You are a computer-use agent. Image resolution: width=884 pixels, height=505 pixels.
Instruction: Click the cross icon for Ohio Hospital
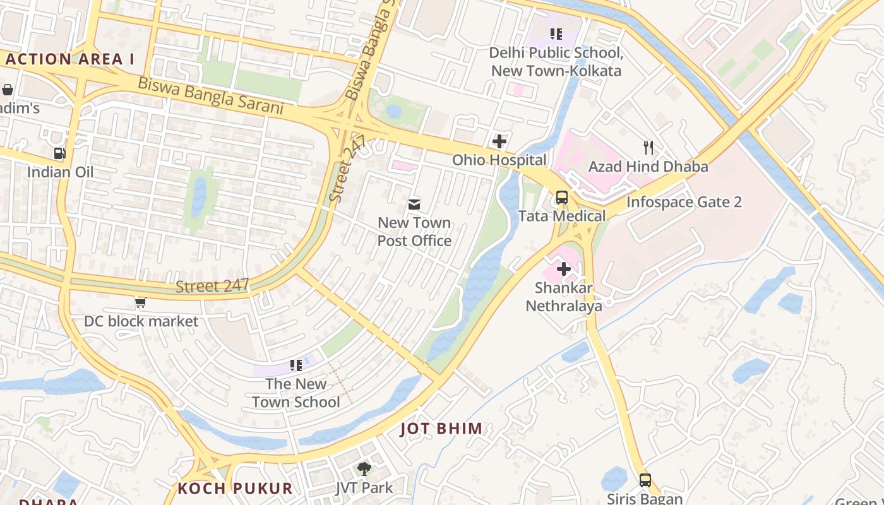coord(499,141)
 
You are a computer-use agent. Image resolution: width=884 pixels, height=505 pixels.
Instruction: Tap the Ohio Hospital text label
coord(499,160)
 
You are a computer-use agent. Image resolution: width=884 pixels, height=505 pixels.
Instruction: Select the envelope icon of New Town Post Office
coord(414,204)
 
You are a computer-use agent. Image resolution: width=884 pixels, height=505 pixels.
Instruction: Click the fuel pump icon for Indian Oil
coord(59,153)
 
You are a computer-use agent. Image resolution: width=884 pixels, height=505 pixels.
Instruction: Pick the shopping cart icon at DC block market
coord(140,303)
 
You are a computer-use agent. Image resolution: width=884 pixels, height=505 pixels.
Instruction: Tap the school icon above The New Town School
coord(296,365)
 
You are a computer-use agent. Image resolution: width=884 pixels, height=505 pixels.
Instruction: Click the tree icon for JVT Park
coord(364,468)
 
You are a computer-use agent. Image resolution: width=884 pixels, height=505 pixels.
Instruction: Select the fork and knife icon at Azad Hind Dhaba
coord(648,148)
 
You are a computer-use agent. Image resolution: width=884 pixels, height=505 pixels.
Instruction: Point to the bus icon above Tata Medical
coord(561,198)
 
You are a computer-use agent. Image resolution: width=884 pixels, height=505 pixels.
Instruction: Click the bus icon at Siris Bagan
coord(645,480)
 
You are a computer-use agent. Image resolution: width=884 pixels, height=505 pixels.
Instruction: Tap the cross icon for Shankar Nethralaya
coord(563,270)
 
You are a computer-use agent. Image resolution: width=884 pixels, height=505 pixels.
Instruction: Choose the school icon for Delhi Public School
coord(556,34)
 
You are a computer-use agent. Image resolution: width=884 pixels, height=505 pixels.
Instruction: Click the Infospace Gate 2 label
coord(684,203)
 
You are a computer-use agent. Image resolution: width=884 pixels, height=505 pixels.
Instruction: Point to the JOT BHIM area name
coord(441,429)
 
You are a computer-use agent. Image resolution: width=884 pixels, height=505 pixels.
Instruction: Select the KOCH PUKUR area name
coord(235,489)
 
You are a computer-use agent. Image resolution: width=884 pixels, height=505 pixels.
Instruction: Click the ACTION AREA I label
coord(70,59)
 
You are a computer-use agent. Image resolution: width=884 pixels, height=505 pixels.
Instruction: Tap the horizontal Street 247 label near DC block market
coord(212,286)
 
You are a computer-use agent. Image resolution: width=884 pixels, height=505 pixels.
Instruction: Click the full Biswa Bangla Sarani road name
coord(210,95)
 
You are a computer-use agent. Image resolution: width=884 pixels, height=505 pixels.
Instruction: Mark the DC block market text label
coord(141,321)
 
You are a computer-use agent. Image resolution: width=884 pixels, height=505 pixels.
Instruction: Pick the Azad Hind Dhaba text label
coord(648,167)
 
